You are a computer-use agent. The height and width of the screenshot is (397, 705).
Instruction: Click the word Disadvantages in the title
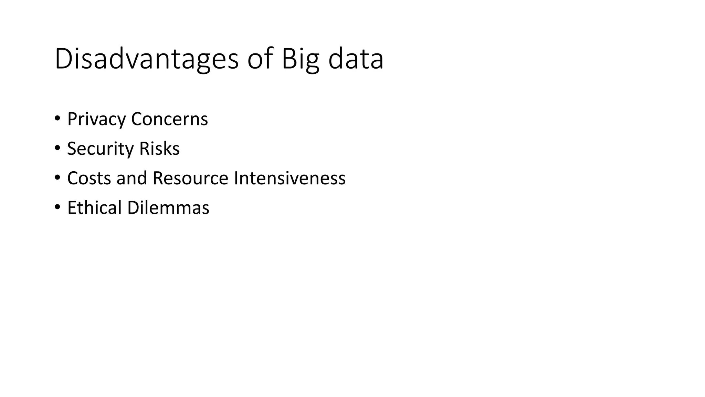pos(146,59)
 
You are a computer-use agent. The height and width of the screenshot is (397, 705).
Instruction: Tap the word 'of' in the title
pos(260,59)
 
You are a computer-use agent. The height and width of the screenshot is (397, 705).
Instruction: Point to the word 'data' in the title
pos(356,59)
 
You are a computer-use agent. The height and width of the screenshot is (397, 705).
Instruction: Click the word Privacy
pos(96,119)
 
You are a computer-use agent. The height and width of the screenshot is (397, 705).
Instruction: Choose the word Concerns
pos(169,119)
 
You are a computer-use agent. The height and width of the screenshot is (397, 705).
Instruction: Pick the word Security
pos(100,149)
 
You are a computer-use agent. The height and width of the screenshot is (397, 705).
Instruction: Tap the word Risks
pos(159,149)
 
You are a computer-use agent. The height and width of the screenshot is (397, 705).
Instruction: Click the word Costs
pos(89,179)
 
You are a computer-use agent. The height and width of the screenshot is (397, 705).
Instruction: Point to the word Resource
pos(190,179)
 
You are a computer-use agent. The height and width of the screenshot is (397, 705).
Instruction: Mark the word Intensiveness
pos(290,179)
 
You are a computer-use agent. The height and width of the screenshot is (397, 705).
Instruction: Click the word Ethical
pos(94,208)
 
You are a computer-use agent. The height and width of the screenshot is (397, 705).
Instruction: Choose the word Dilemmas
pos(168,208)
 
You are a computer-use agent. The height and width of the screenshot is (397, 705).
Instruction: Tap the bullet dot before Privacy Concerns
pos(57,119)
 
